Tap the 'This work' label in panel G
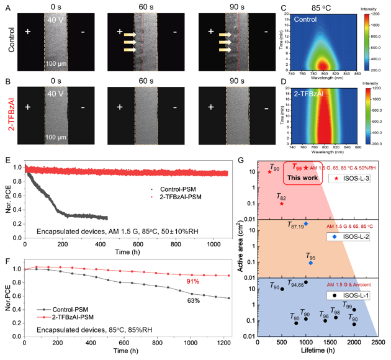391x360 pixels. (x=306, y=176)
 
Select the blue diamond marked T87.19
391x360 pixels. (x=306, y=224)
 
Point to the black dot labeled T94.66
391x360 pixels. (x=306, y=283)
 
